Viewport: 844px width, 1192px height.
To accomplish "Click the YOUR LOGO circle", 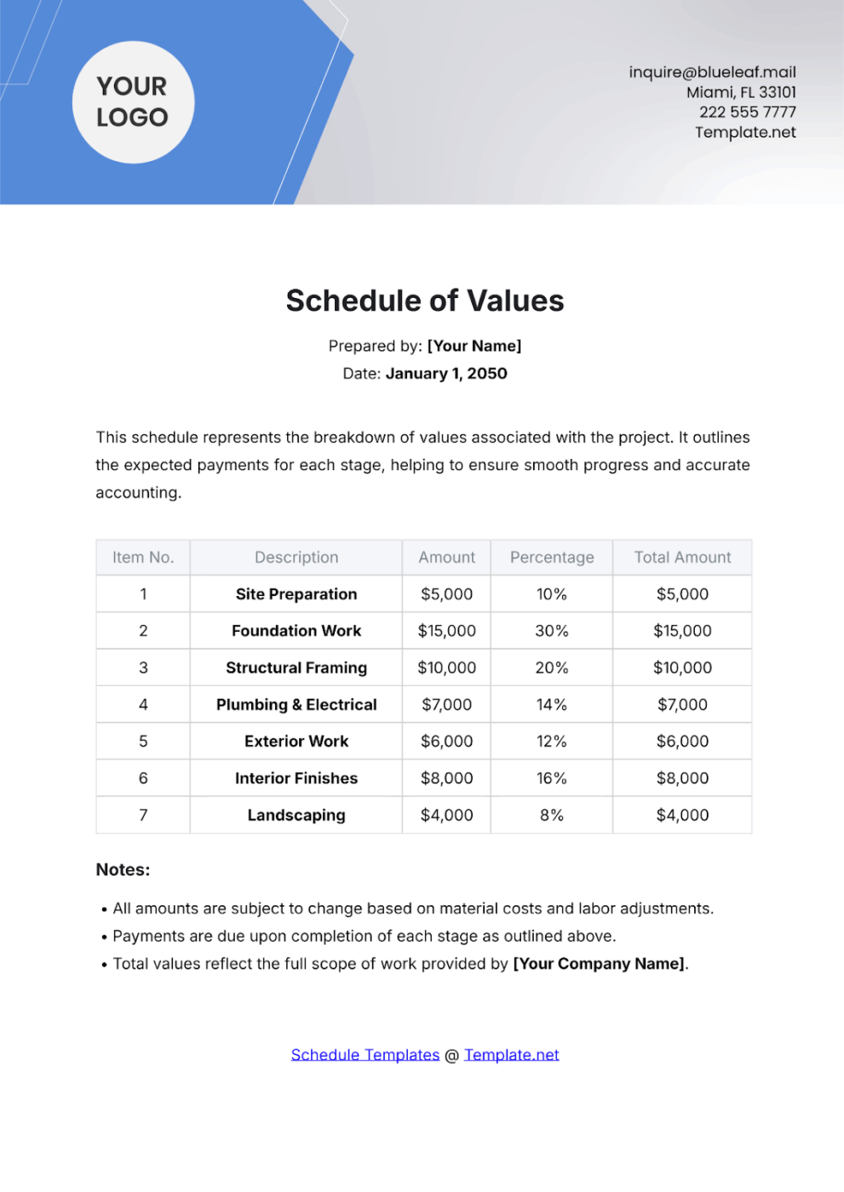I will click(x=133, y=102).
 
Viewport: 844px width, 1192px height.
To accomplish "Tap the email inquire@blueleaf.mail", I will click(x=712, y=72).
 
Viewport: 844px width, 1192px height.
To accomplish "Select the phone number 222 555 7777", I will click(x=747, y=112).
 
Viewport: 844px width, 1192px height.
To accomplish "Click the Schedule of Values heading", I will click(x=424, y=301).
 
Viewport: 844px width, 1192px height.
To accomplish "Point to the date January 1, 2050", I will click(x=446, y=374).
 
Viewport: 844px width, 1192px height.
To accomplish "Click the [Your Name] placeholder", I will click(x=474, y=347).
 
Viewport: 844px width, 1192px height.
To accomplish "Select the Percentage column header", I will click(x=552, y=558).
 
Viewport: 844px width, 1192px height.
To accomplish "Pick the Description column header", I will click(x=296, y=558).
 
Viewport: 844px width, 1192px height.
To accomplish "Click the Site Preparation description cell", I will click(x=296, y=594).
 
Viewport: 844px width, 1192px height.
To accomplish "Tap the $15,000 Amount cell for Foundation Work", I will click(x=446, y=631).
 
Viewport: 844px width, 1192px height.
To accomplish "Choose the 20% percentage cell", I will click(x=552, y=668).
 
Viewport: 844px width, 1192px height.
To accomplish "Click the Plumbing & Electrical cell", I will click(x=296, y=705).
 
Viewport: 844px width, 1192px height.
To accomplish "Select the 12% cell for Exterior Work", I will click(x=552, y=742).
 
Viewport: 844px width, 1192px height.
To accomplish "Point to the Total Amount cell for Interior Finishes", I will click(x=682, y=778).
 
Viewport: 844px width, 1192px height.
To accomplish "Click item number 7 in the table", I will click(x=143, y=816).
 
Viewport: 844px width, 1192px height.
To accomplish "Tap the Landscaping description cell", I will click(x=296, y=816).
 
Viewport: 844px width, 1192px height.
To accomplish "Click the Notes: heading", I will click(x=123, y=870).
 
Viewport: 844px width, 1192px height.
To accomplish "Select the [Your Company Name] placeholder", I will click(x=599, y=964).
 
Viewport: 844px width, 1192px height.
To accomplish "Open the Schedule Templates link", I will click(x=365, y=1055).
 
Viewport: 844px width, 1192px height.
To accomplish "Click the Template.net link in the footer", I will click(x=511, y=1055).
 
